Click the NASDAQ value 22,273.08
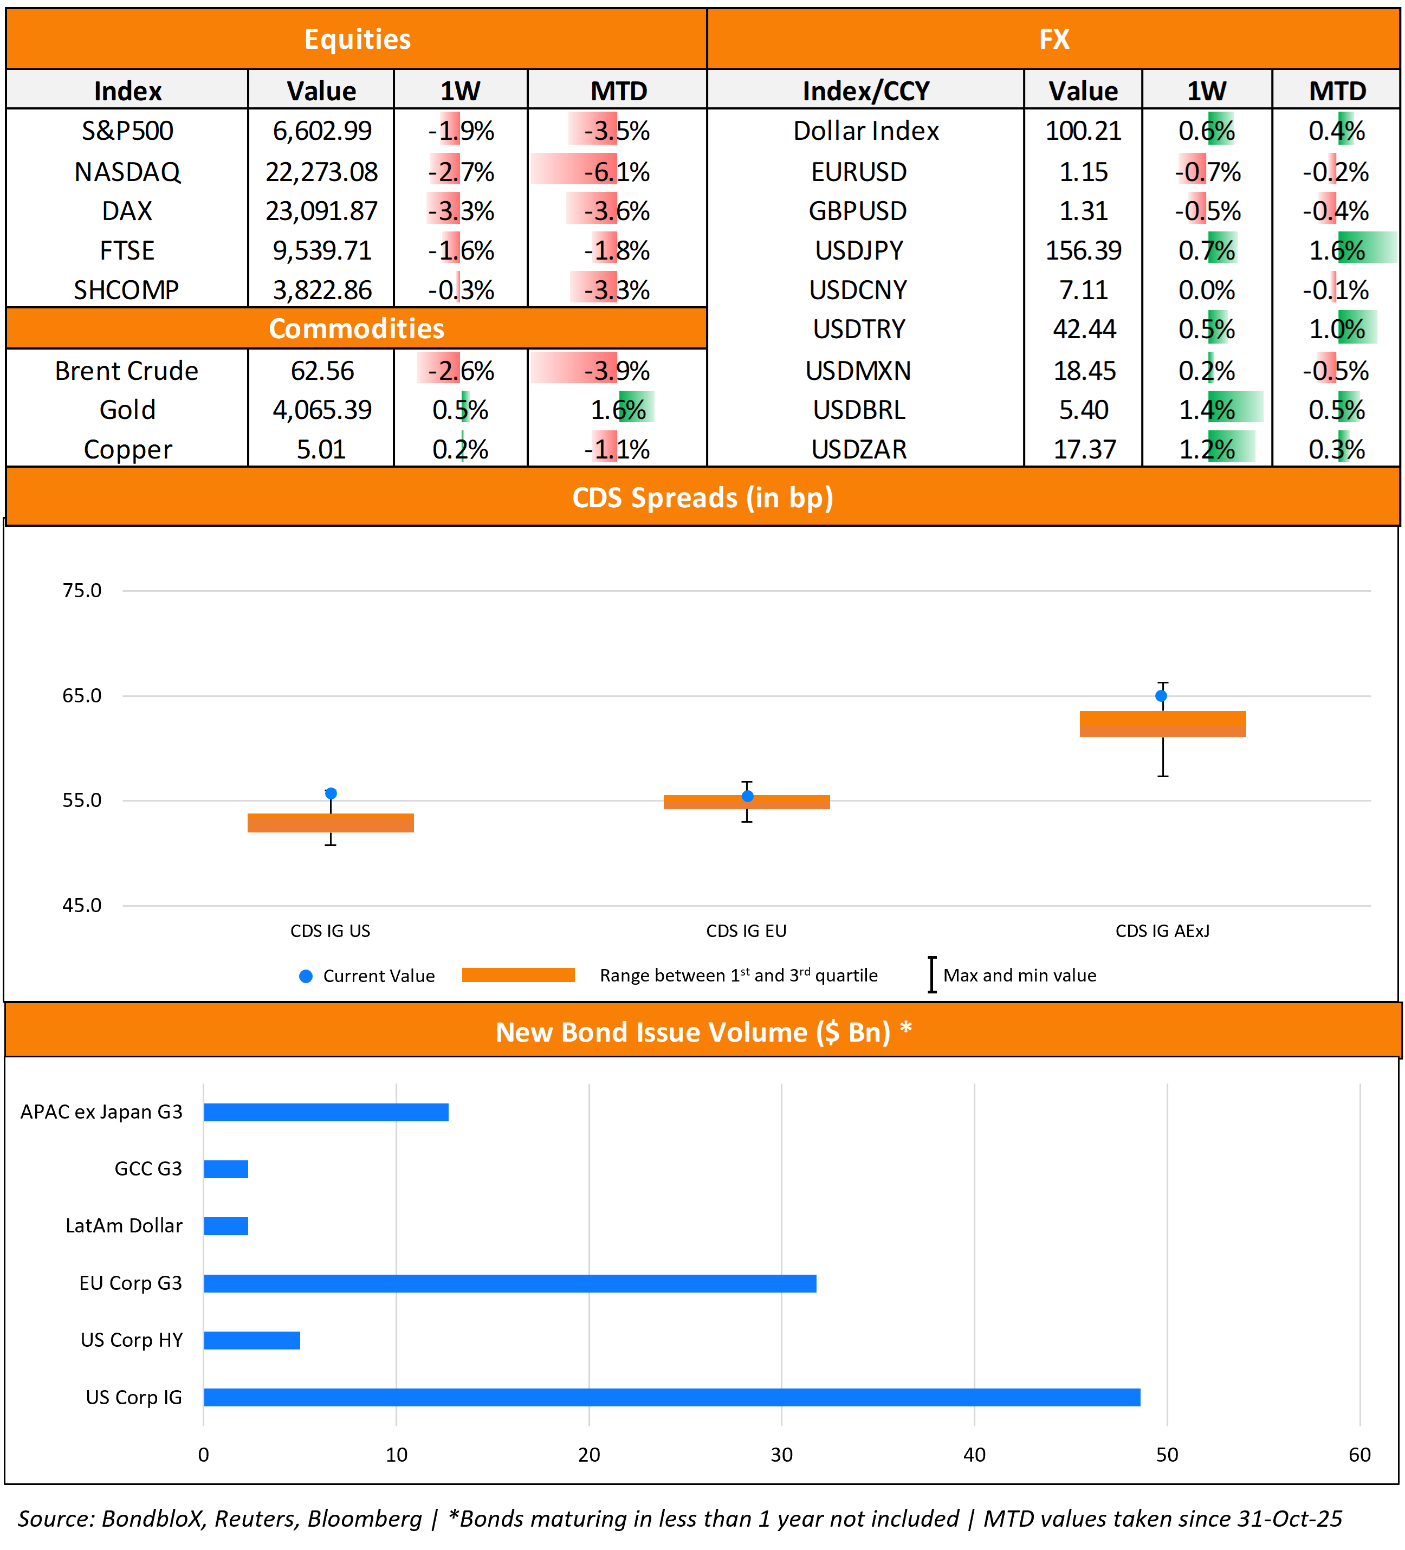tap(321, 171)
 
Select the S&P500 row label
tap(127, 131)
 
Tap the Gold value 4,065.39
tap(321, 410)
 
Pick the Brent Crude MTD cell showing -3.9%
tap(617, 371)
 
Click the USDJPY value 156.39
tap(1083, 250)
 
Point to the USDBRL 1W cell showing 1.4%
tap(1207, 410)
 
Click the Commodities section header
tap(357, 328)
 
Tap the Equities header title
tap(358, 39)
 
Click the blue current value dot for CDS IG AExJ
tap(1161, 696)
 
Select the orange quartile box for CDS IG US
tap(331, 823)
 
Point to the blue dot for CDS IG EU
tap(747, 797)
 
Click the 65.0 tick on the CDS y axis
tap(81, 696)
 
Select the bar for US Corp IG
tap(672, 1397)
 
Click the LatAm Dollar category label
tap(124, 1225)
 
